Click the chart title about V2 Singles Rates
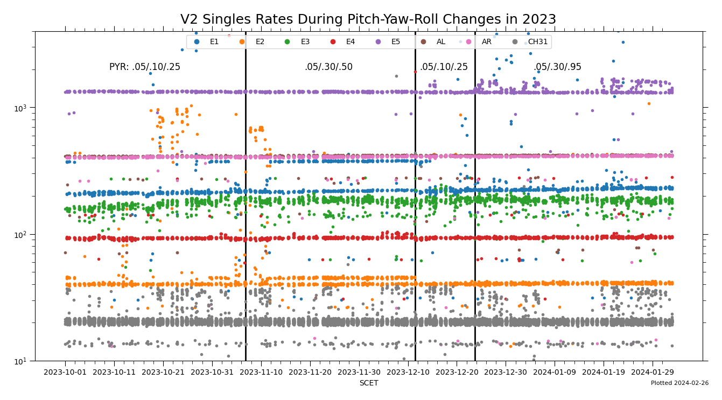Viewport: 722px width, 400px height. click(x=368, y=20)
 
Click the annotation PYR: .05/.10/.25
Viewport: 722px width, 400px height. click(x=145, y=67)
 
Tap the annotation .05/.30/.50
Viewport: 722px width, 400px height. click(x=328, y=67)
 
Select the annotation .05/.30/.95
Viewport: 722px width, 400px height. click(x=557, y=67)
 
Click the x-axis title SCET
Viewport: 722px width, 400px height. click(x=369, y=383)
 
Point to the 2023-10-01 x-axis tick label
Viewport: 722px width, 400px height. click(x=65, y=372)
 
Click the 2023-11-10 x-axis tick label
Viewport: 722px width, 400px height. click(x=261, y=372)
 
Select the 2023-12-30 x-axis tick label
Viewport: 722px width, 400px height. click(x=506, y=372)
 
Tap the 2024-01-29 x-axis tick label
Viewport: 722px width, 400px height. click(x=653, y=372)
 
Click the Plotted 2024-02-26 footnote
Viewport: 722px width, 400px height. click(x=679, y=383)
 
